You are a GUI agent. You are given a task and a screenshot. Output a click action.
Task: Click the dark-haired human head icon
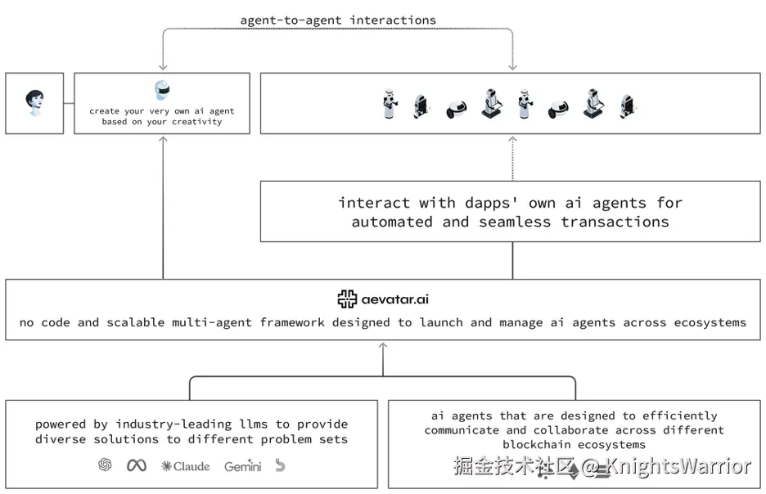(x=34, y=102)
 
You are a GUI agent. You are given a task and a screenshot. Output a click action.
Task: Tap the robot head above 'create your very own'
(x=162, y=90)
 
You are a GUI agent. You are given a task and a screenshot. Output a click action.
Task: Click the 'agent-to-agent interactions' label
(x=338, y=20)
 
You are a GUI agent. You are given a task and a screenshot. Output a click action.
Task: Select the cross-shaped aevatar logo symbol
(x=347, y=299)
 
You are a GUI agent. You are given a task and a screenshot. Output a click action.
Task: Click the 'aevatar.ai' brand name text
(x=394, y=299)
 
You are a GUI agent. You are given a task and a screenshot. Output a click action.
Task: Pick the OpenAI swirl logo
(x=105, y=465)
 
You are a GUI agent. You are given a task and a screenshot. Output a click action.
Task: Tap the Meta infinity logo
(x=137, y=465)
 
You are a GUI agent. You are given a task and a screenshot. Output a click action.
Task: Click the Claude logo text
(x=186, y=467)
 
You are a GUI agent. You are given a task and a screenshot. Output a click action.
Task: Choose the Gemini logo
(x=243, y=466)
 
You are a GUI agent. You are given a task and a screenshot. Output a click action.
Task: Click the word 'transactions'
(x=615, y=222)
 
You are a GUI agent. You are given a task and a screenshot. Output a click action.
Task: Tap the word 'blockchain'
(x=536, y=445)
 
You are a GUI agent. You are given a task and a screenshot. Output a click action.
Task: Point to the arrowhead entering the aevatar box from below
(x=383, y=346)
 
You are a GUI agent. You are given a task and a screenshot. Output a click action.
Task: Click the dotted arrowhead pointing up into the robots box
(x=512, y=140)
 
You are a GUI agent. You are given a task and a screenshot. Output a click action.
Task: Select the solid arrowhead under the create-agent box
(x=163, y=140)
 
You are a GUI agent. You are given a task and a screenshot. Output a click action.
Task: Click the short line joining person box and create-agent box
(x=69, y=103)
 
